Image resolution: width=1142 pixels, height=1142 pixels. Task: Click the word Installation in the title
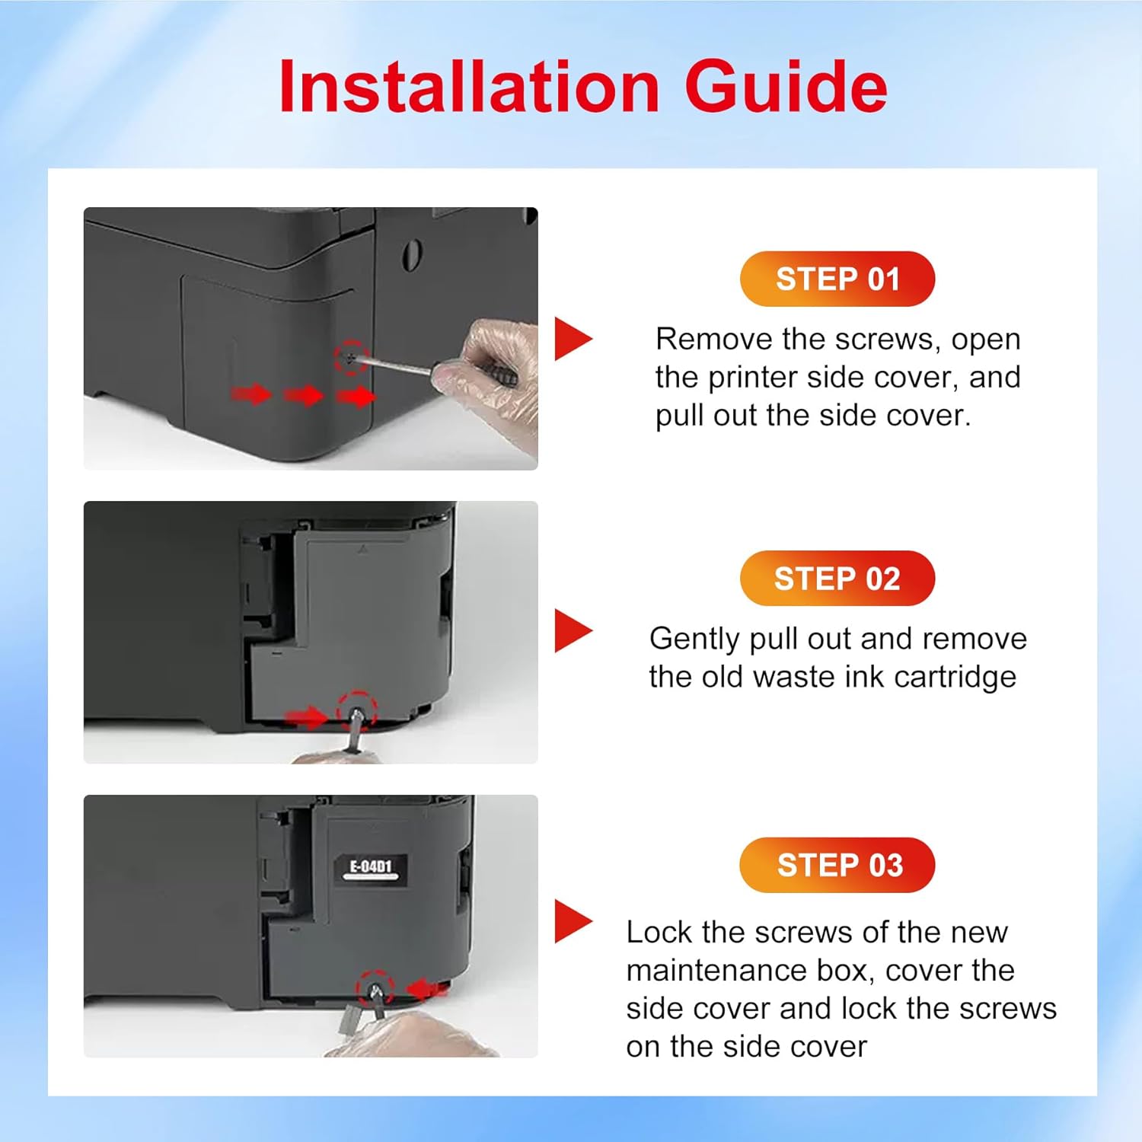tap(469, 86)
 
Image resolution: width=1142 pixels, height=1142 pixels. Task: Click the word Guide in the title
tap(786, 86)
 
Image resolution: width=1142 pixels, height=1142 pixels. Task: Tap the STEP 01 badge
tap(837, 279)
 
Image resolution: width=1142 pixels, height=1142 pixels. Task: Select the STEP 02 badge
tap(837, 579)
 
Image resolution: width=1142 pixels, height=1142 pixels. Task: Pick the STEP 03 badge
tap(837, 865)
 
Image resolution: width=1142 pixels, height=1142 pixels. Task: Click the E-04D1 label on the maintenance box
tap(371, 869)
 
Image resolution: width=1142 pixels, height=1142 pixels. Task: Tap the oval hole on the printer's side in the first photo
tap(412, 255)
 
